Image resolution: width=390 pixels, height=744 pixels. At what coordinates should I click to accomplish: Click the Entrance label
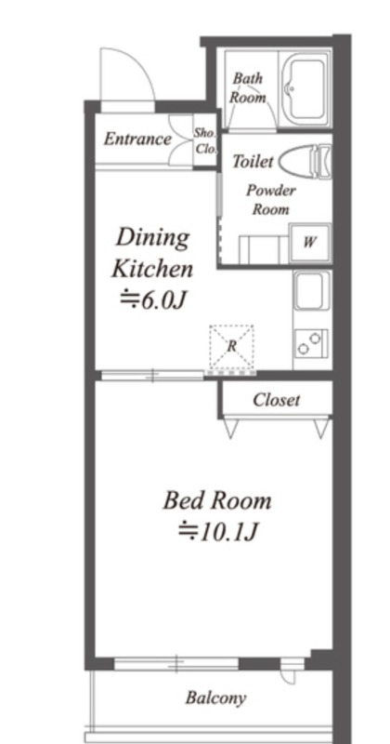(137, 139)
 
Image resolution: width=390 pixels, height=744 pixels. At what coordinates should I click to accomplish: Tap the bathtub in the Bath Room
(305, 88)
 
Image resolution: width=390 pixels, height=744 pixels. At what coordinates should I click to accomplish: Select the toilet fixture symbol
(305, 161)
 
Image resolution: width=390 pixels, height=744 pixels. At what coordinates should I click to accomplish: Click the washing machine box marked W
(310, 243)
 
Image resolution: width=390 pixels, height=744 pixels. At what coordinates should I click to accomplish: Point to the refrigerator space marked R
(231, 346)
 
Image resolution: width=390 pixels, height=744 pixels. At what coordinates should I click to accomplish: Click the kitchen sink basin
(310, 290)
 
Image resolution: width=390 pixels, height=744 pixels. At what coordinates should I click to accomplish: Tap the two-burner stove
(312, 344)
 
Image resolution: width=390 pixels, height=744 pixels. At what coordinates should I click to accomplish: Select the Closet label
(277, 400)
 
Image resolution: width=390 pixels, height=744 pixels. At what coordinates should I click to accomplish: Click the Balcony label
(215, 698)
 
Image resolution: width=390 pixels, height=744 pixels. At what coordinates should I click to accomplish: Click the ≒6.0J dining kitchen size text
(151, 299)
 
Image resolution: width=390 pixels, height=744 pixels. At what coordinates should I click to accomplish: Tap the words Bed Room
(217, 500)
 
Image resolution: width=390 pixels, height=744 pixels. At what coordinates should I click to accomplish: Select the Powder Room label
(270, 199)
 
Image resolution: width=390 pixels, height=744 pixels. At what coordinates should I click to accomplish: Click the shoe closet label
(205, 141)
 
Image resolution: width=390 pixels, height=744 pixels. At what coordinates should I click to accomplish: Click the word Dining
(152, 239)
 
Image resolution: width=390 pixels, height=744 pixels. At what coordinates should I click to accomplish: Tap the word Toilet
(253, 161)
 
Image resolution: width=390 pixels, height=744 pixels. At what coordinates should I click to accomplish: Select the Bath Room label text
(247, 87)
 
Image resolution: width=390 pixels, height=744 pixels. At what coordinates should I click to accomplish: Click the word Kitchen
(152, 269)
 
